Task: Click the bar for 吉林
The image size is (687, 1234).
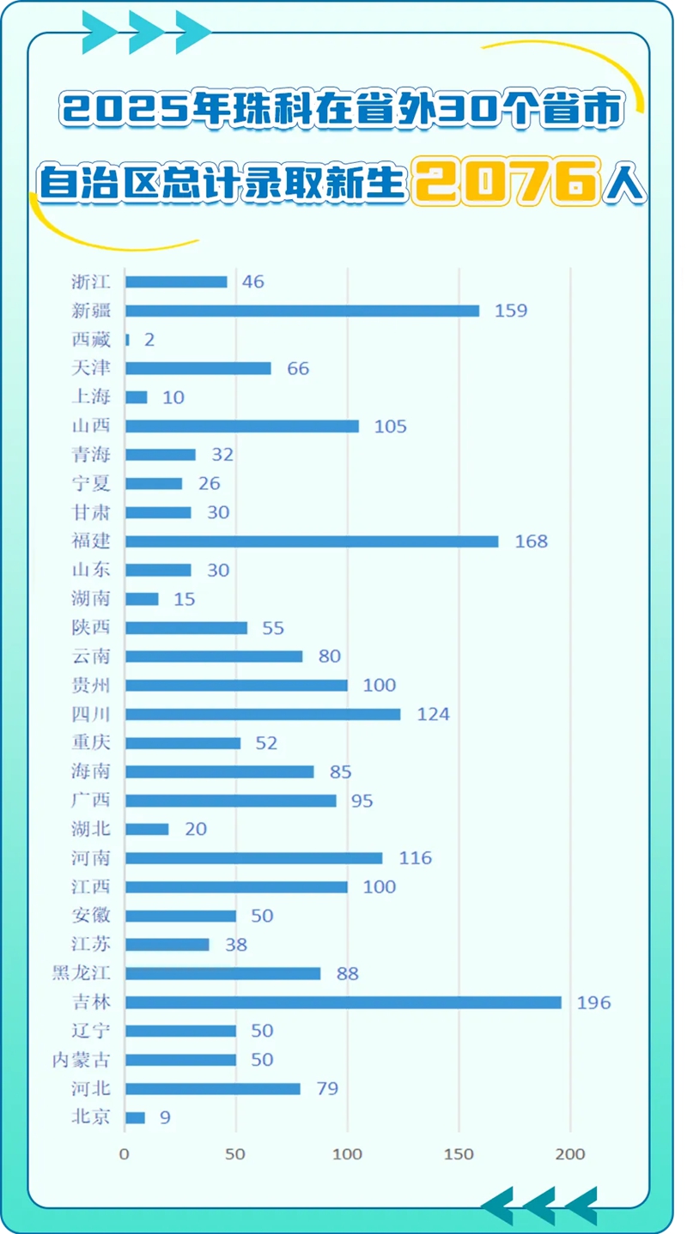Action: (x=343, y=1002)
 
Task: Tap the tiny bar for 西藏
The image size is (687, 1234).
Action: (x=127, y=340)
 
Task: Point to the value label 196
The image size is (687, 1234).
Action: (x=594, y=1002)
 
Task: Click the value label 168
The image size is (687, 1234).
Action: (x=531, y=541)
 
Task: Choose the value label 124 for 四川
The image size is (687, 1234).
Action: (x=433, y=714)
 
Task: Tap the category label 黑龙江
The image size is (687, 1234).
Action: (x=88, y=973)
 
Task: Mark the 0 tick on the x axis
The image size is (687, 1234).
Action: (x=125, y=1154)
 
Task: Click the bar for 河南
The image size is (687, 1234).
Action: (x=253, y=858)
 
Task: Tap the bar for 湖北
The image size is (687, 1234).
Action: (x=147, y=829)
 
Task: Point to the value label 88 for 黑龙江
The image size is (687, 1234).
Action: (x=348, y=973)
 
